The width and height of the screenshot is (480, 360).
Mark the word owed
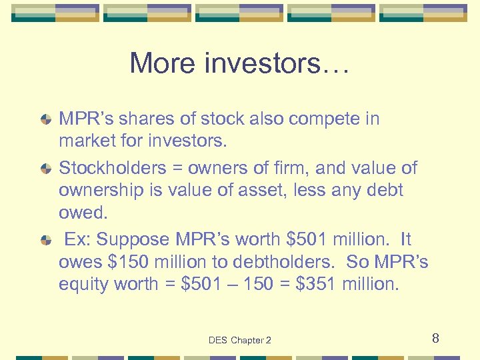tap(83, 213)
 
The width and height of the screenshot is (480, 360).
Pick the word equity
tap(84, 285)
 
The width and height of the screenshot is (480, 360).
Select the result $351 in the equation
tap(314, 284)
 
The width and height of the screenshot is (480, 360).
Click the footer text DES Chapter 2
tap(239, 340)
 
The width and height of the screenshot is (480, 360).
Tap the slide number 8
tap(435, 338)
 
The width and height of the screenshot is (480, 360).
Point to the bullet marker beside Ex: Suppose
tap(45, 239)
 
